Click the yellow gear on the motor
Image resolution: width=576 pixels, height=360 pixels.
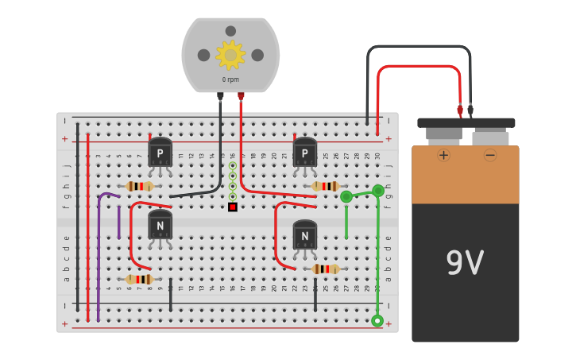click(230, 55)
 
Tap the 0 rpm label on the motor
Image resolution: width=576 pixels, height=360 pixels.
click(230, 79)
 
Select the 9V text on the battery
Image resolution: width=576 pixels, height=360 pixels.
click(465, 263)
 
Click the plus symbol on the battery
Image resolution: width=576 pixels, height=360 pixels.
click(443, 155)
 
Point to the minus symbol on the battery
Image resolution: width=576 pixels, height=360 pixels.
click(490, 155)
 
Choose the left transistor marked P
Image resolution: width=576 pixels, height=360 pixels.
click(160, 153)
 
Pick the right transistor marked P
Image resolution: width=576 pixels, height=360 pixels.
click(305, 153)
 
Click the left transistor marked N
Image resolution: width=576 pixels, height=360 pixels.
click(160, 226)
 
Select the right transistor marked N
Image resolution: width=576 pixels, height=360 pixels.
click(305, 235)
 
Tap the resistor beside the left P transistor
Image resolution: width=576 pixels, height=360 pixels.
click(140, 186)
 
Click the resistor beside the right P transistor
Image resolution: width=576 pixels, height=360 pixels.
click(325, 186)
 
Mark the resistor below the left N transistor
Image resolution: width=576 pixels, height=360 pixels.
click(140, 279)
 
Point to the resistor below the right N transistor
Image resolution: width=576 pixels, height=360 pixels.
click(325, 269)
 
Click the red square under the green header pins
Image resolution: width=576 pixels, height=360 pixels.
click(233, 207)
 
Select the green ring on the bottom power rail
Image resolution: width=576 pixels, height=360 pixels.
click(377, 321)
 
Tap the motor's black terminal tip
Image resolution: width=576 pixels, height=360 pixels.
click(220, 96)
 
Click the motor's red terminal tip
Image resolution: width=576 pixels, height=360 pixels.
click(241, 96)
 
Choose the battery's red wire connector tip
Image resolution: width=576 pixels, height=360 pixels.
click(459, 110)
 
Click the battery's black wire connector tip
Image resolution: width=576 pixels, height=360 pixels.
click(470, 110)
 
